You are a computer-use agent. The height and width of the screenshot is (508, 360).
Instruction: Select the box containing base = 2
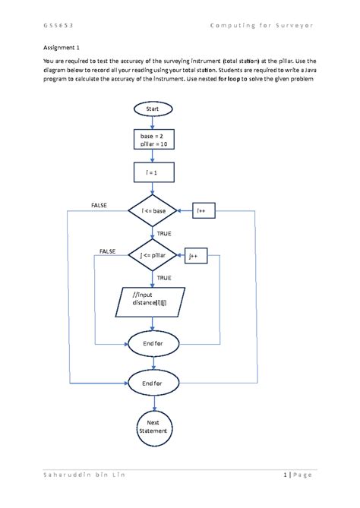(153, 140)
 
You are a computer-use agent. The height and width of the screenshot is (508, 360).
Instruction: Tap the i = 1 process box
(153, 174)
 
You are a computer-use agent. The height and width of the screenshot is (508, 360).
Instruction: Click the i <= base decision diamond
(153, 210)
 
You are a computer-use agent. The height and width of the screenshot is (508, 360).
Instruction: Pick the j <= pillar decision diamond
(153, 256)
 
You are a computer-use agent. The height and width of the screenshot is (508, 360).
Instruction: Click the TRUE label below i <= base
(165, 234)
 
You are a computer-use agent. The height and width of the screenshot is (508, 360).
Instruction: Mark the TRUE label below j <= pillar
(165, 278)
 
